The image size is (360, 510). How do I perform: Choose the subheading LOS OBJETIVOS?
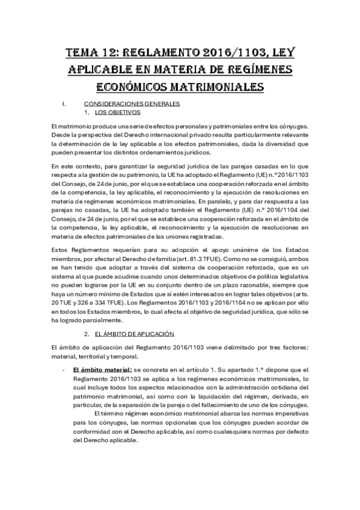pyautogui.click(x=117, y=112)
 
